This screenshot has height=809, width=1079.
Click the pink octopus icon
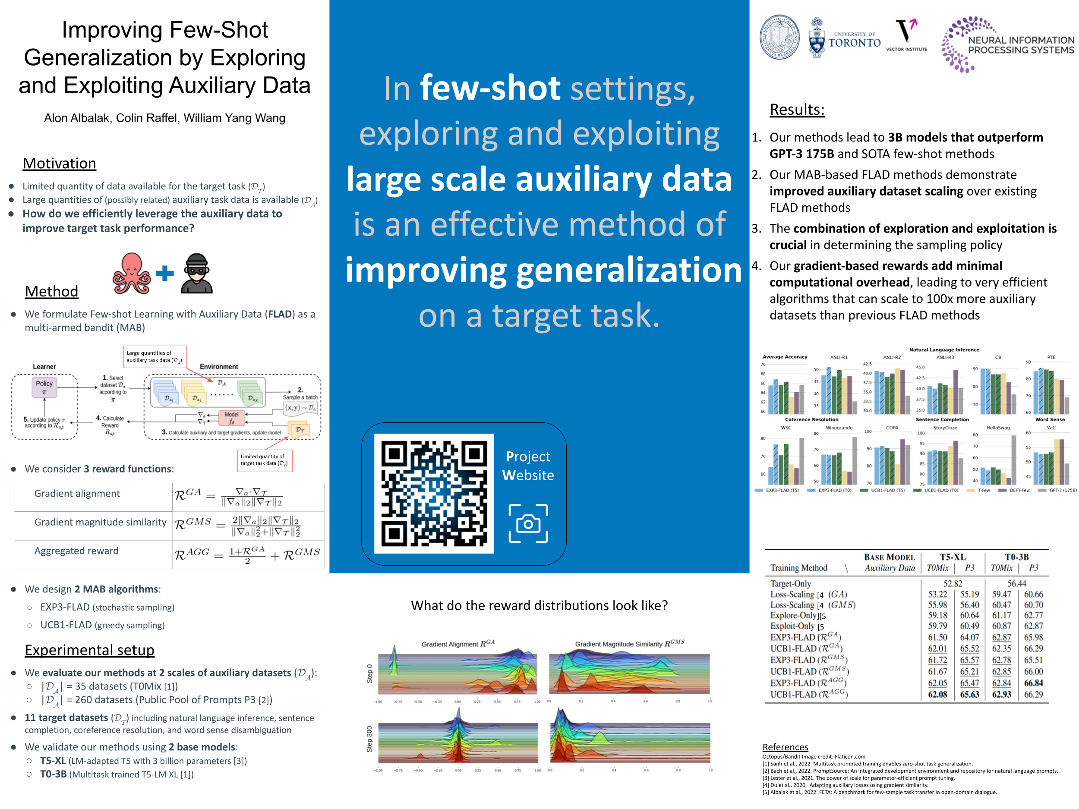click(x=131, y=274)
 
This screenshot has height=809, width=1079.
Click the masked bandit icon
click(x=196, y=274)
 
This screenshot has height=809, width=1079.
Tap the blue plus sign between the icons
click(x=165, y=273)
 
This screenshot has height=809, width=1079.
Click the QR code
click(x=434, y=493)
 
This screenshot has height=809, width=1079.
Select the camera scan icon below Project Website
click(x=528, y=523)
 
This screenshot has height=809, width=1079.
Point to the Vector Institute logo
click(x=906, y=35)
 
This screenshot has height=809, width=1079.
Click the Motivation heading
click(x=60, y=164)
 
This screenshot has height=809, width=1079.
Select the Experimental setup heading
click(x=90, y=650)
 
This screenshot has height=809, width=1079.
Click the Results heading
click(x=797, y=109)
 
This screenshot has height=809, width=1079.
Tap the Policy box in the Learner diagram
click(x=44, y=387)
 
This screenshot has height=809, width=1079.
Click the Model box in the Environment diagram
click(x=231, y=418)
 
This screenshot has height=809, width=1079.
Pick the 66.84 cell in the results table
click(x=1033, y=683)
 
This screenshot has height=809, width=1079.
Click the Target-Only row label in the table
click(x=790, y=583)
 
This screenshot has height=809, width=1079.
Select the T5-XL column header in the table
click(x=952, y=557)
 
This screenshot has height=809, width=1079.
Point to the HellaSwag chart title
click(x=998, y=428)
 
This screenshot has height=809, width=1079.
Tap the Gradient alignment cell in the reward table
click(x=77, y=494)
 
